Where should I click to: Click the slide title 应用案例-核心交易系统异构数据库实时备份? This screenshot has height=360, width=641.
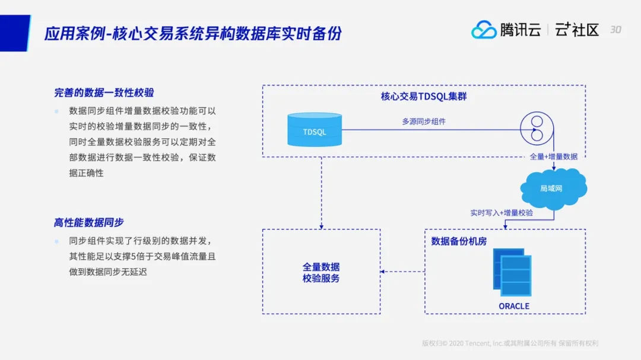pos(193,33)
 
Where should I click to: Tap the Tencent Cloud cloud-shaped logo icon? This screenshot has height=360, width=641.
pos(484,29)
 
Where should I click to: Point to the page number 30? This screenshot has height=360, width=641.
pos(615,29)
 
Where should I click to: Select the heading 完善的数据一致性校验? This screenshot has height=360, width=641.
pos(104,93)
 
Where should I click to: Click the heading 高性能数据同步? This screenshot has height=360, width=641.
pos(89,222)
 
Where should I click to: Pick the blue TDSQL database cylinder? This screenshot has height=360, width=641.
pos(314,130)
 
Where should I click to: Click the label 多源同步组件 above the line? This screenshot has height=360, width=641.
pos(424,122)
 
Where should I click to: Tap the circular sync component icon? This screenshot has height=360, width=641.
pos(536,129)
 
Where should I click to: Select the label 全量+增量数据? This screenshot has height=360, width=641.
pos(553,157)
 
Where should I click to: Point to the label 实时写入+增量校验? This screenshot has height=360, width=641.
pos(502,213)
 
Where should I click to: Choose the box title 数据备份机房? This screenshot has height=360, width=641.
pos(459,241)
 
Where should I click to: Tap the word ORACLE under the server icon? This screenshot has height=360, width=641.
pos(514,306)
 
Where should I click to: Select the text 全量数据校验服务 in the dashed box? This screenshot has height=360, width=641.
pos(321,273)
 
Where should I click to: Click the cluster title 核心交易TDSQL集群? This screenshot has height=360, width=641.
pos(424,96)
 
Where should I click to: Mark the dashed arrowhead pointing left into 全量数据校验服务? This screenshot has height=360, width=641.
pos(383,272)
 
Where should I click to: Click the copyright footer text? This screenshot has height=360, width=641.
pos(510,343)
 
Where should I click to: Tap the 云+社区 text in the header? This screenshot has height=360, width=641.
pos(577,30)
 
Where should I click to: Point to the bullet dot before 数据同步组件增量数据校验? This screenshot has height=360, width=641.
pos(57,111)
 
